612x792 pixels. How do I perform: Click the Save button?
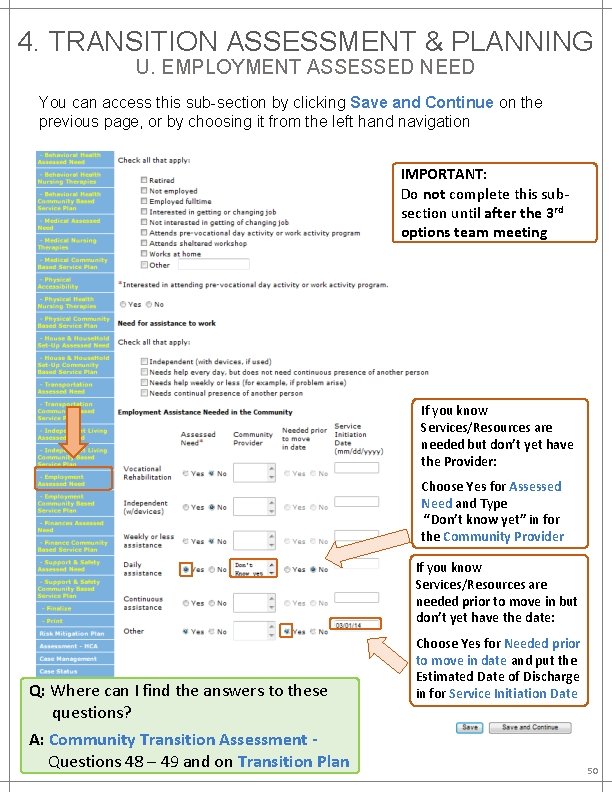470,727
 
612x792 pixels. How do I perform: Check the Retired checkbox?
144,181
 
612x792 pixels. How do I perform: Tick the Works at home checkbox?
144,254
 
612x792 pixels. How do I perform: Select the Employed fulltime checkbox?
144,202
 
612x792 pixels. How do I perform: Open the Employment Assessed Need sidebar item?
73,479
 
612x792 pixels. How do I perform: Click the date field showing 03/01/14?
356,627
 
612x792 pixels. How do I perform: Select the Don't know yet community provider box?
251,570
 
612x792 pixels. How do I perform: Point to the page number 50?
592,772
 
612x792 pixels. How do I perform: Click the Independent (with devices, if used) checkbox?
144,362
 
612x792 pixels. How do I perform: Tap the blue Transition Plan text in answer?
293,762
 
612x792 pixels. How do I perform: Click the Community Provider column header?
253,438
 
